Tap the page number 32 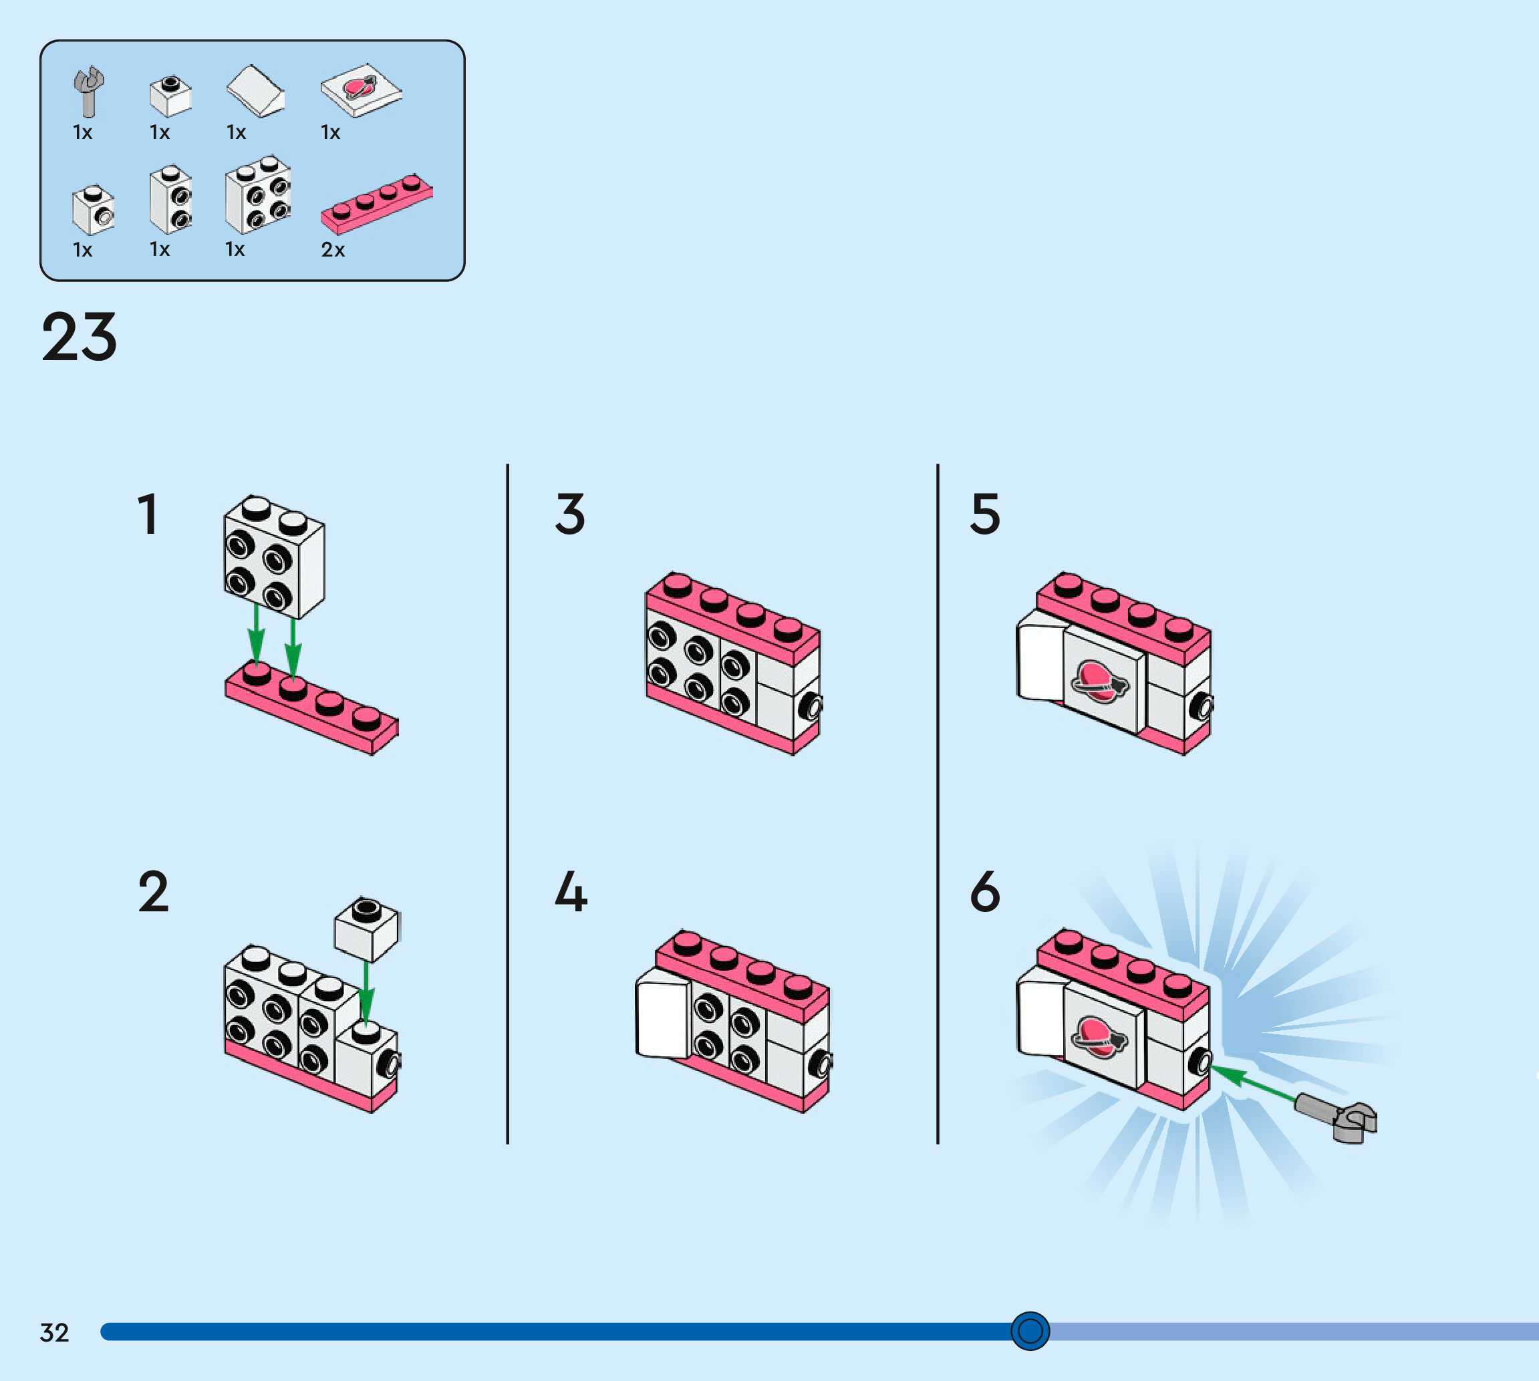[54, 1332]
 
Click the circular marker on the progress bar [1030, 1330]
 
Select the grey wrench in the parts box [89, 90]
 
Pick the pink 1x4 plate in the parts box [376, 202]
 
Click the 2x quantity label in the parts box [332, 250]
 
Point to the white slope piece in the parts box [256, 91]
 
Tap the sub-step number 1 [148, 514]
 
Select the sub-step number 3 [570, 514]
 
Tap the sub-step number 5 [985, 514]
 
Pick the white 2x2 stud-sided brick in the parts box [258, 195]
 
